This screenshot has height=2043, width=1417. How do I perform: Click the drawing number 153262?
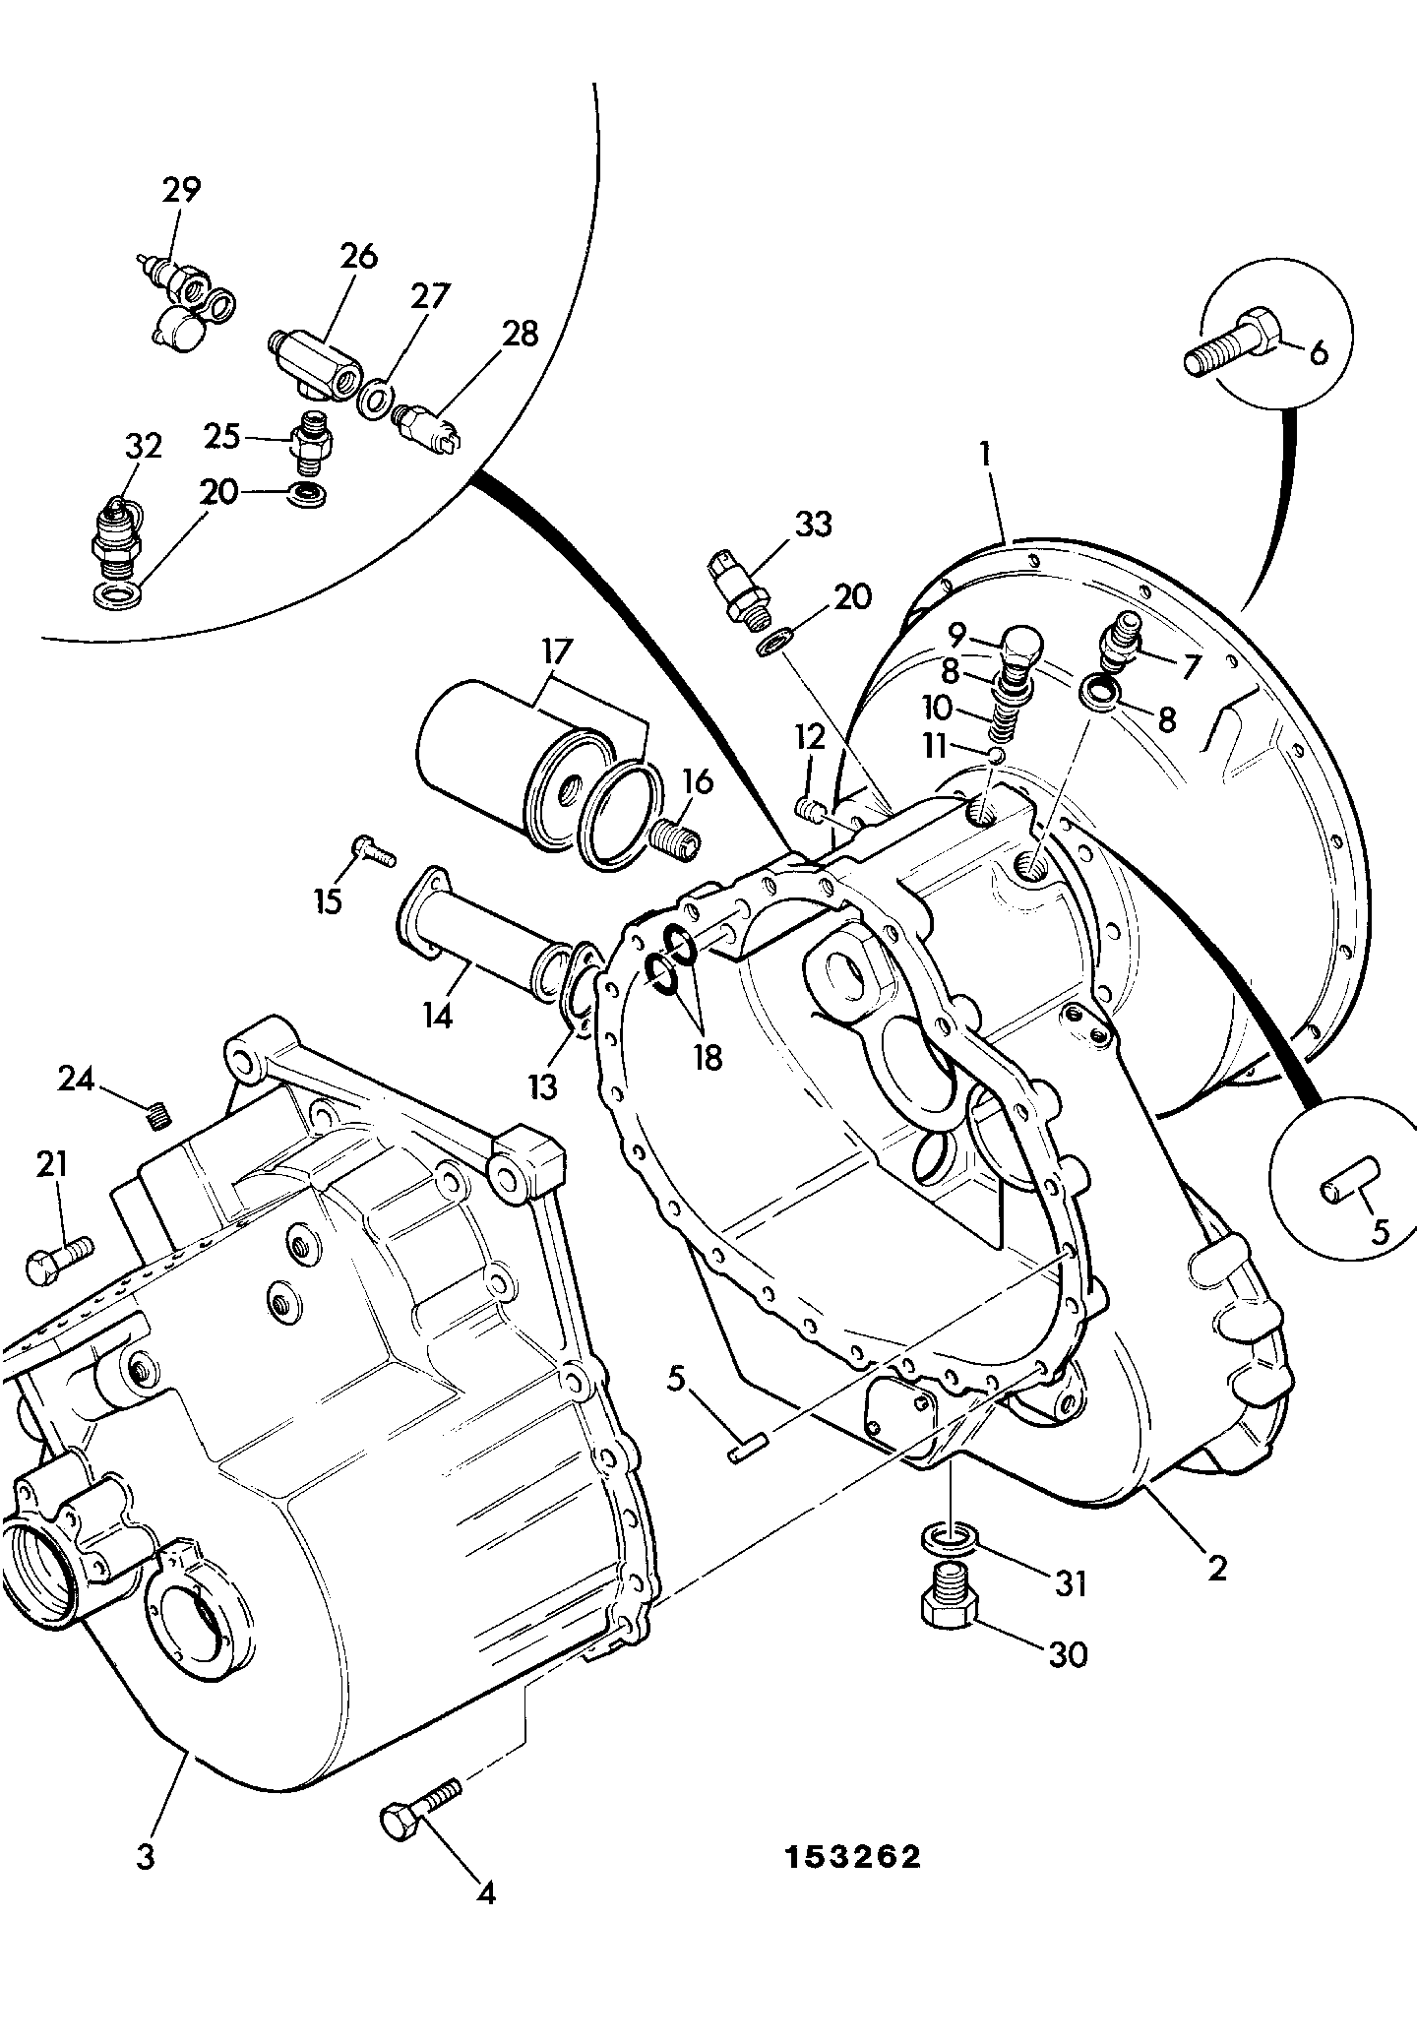[x=852, y=1856]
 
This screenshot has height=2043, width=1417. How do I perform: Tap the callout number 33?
[x=812, y=525]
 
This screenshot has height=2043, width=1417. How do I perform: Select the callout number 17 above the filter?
[x=556, y=652]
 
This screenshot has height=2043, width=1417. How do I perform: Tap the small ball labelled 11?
[x=995, y=755]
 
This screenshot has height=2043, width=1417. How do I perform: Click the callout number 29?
[x=181, y=190]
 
